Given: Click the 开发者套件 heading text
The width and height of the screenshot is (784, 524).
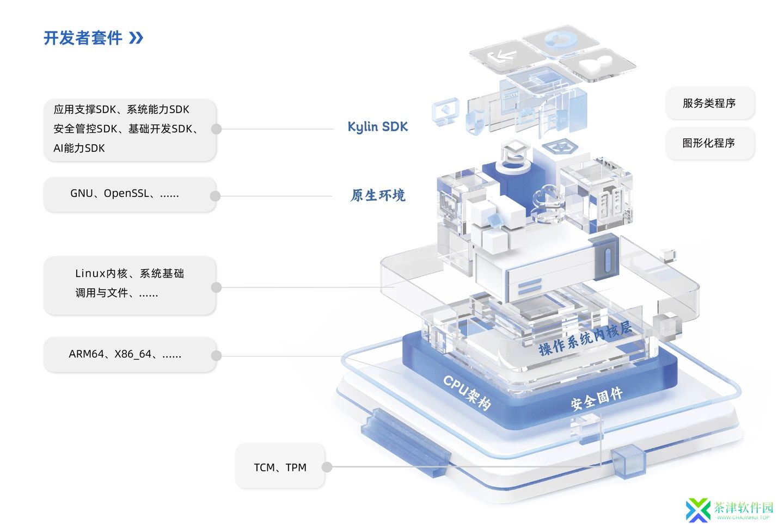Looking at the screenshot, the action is pos(83,38).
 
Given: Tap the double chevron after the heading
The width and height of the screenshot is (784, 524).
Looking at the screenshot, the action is pos(136,38).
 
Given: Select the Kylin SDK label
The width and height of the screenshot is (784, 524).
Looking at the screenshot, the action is pos(377,127).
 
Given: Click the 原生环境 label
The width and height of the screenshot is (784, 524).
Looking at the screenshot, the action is pos(378,195).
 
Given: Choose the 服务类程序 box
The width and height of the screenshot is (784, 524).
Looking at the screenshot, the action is pos(709,103).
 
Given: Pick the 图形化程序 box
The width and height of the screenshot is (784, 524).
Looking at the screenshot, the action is pos(709,143).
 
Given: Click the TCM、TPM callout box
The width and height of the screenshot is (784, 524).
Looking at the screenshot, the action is pos(280,467).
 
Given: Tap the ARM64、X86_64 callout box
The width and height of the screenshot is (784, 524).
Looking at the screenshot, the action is pos(130,355).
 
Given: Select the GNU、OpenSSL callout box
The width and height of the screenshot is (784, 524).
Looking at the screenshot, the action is pos(130,194).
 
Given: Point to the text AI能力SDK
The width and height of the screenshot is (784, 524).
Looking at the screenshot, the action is pos(79,149).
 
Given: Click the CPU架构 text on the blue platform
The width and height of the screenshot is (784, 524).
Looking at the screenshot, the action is pos(467,392).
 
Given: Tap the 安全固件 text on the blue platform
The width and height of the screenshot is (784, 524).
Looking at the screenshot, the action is pos(597,399).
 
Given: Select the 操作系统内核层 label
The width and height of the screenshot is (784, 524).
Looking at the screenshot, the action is pos(585,338).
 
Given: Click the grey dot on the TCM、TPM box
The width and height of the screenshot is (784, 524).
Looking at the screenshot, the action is pos(327,467).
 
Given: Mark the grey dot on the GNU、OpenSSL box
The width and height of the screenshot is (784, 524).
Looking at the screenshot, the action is pos(215,196).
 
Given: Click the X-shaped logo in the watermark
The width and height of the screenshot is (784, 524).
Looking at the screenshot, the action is pos(698,510).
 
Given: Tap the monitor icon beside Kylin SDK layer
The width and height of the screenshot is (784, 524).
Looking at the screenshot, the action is pos(445,111).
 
